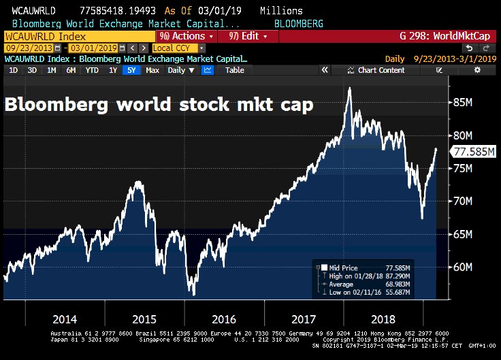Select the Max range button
pyautogui.click(x=152, y=70)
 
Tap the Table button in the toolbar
pyautogui.click(x=234, y=70)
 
